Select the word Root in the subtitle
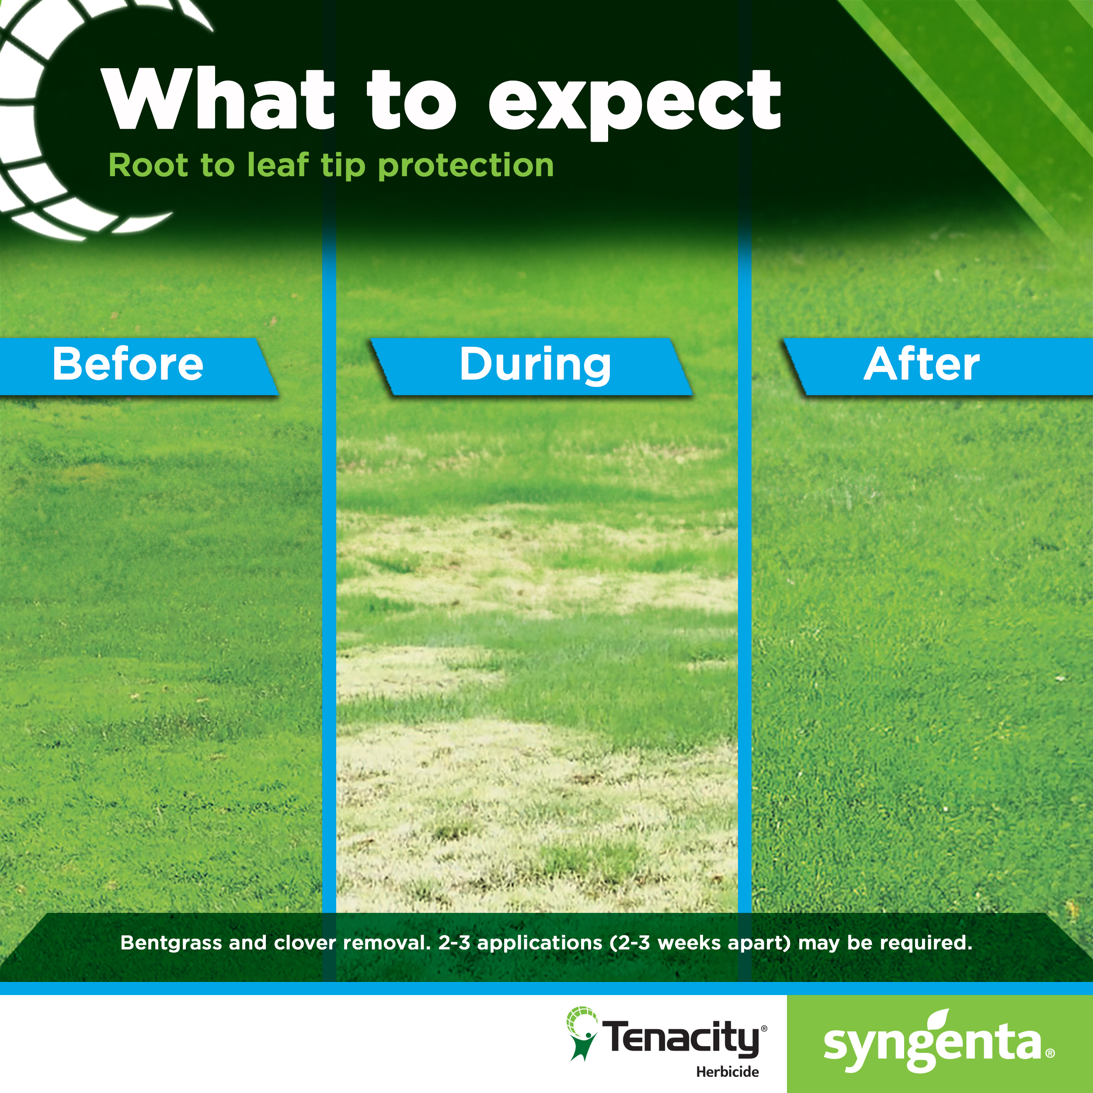148,165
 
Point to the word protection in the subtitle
466,166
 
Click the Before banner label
128,364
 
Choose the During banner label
535,365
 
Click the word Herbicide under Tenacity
727,1072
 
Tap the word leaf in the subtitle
278,165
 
